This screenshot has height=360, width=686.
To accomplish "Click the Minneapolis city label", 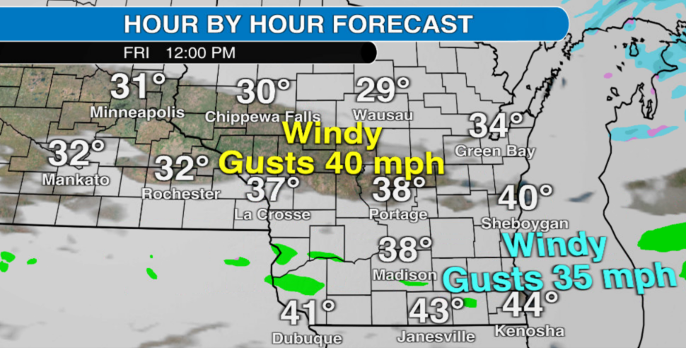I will (x=137, y=112).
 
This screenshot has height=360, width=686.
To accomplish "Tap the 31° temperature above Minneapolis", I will (x=137, y=88).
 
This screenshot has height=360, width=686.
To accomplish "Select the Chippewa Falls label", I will (x=262, y=117).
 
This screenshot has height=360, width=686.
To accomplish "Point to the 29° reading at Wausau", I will (x=383, y=91).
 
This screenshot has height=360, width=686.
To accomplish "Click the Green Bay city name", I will (x=495, y=151).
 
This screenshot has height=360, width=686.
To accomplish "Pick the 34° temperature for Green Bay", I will (x=496, y=127).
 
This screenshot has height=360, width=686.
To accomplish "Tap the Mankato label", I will (x=76, y=180).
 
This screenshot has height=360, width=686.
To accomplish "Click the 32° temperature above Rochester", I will (x=182, y=169).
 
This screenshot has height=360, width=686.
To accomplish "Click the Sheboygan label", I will (x=525, y=223).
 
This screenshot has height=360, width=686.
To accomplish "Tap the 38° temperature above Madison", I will (x=405, y=250).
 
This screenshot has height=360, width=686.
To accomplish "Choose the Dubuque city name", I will (x=307, y=339).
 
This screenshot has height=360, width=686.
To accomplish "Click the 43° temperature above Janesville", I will (x=436, y=310).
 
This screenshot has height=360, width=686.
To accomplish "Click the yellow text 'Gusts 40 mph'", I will (x=332, y=163).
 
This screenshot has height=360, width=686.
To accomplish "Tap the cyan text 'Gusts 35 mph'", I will (x=559, y=277).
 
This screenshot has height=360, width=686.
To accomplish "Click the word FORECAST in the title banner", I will (x=402, y=24).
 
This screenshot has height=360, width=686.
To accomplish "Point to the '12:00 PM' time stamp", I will (x=200, y=53).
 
